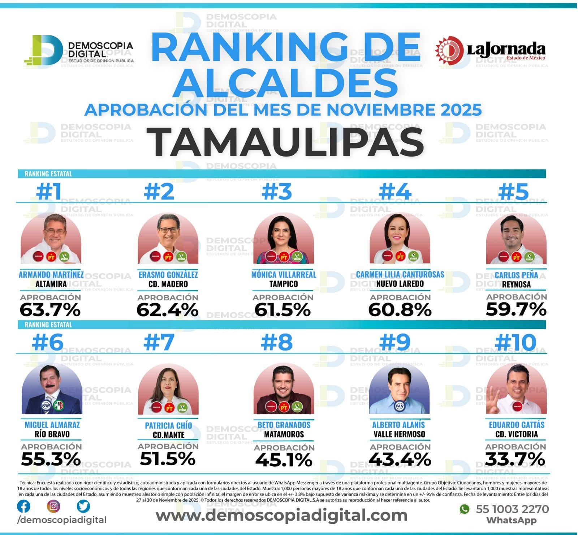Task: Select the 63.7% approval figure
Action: [x=50, y=310]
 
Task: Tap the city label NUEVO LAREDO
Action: [x=400, y=284]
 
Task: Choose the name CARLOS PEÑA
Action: [x=516, y=275]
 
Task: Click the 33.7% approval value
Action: [x=515, y=459]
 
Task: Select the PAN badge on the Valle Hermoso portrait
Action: [x=400, y=406]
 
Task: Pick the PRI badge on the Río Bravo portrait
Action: [x=58, y=406]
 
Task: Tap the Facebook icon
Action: [x=24, y=506]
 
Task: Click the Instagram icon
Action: [x=53, y=506]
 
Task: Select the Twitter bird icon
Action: [x=83, y=506]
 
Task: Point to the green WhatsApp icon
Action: [x=465, y=509]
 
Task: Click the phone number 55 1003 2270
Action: [x=512, y=509]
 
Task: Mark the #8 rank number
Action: [x=277, y=342]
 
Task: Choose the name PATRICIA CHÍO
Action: [x=168, y=425]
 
